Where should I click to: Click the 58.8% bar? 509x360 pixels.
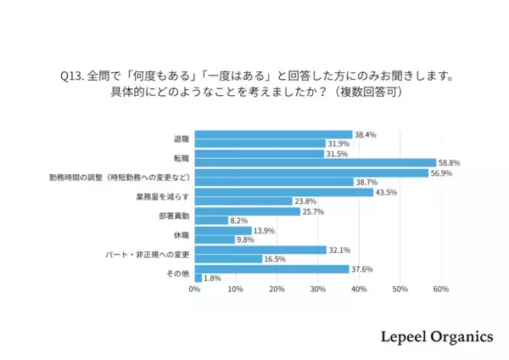(x=315, y=162)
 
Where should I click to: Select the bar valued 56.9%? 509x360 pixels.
(x=311, y=172)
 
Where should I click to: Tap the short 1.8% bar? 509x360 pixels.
(x=198, y=278)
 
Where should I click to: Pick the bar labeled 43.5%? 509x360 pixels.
(x=283, y=192)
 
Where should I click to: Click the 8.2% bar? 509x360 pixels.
(x=211, y=220)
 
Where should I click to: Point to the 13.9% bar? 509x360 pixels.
(x=223, y=230)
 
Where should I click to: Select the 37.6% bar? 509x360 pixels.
(x=271, y=268)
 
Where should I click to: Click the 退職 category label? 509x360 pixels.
(x=182, y=138)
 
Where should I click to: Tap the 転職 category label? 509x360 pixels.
(x=182, y=158)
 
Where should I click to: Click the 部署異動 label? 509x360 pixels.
(x=172, y=215)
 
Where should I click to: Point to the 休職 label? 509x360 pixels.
(x=182, y=234)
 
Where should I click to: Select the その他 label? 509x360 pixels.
(x=177, y=273)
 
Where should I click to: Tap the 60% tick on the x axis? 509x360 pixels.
(x=440, y=290)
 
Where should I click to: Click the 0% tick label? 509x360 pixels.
(x=194, y=290)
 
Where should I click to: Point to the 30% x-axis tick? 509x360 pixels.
(x=317, y=290)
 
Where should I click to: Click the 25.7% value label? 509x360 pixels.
(x=315, y=211)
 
